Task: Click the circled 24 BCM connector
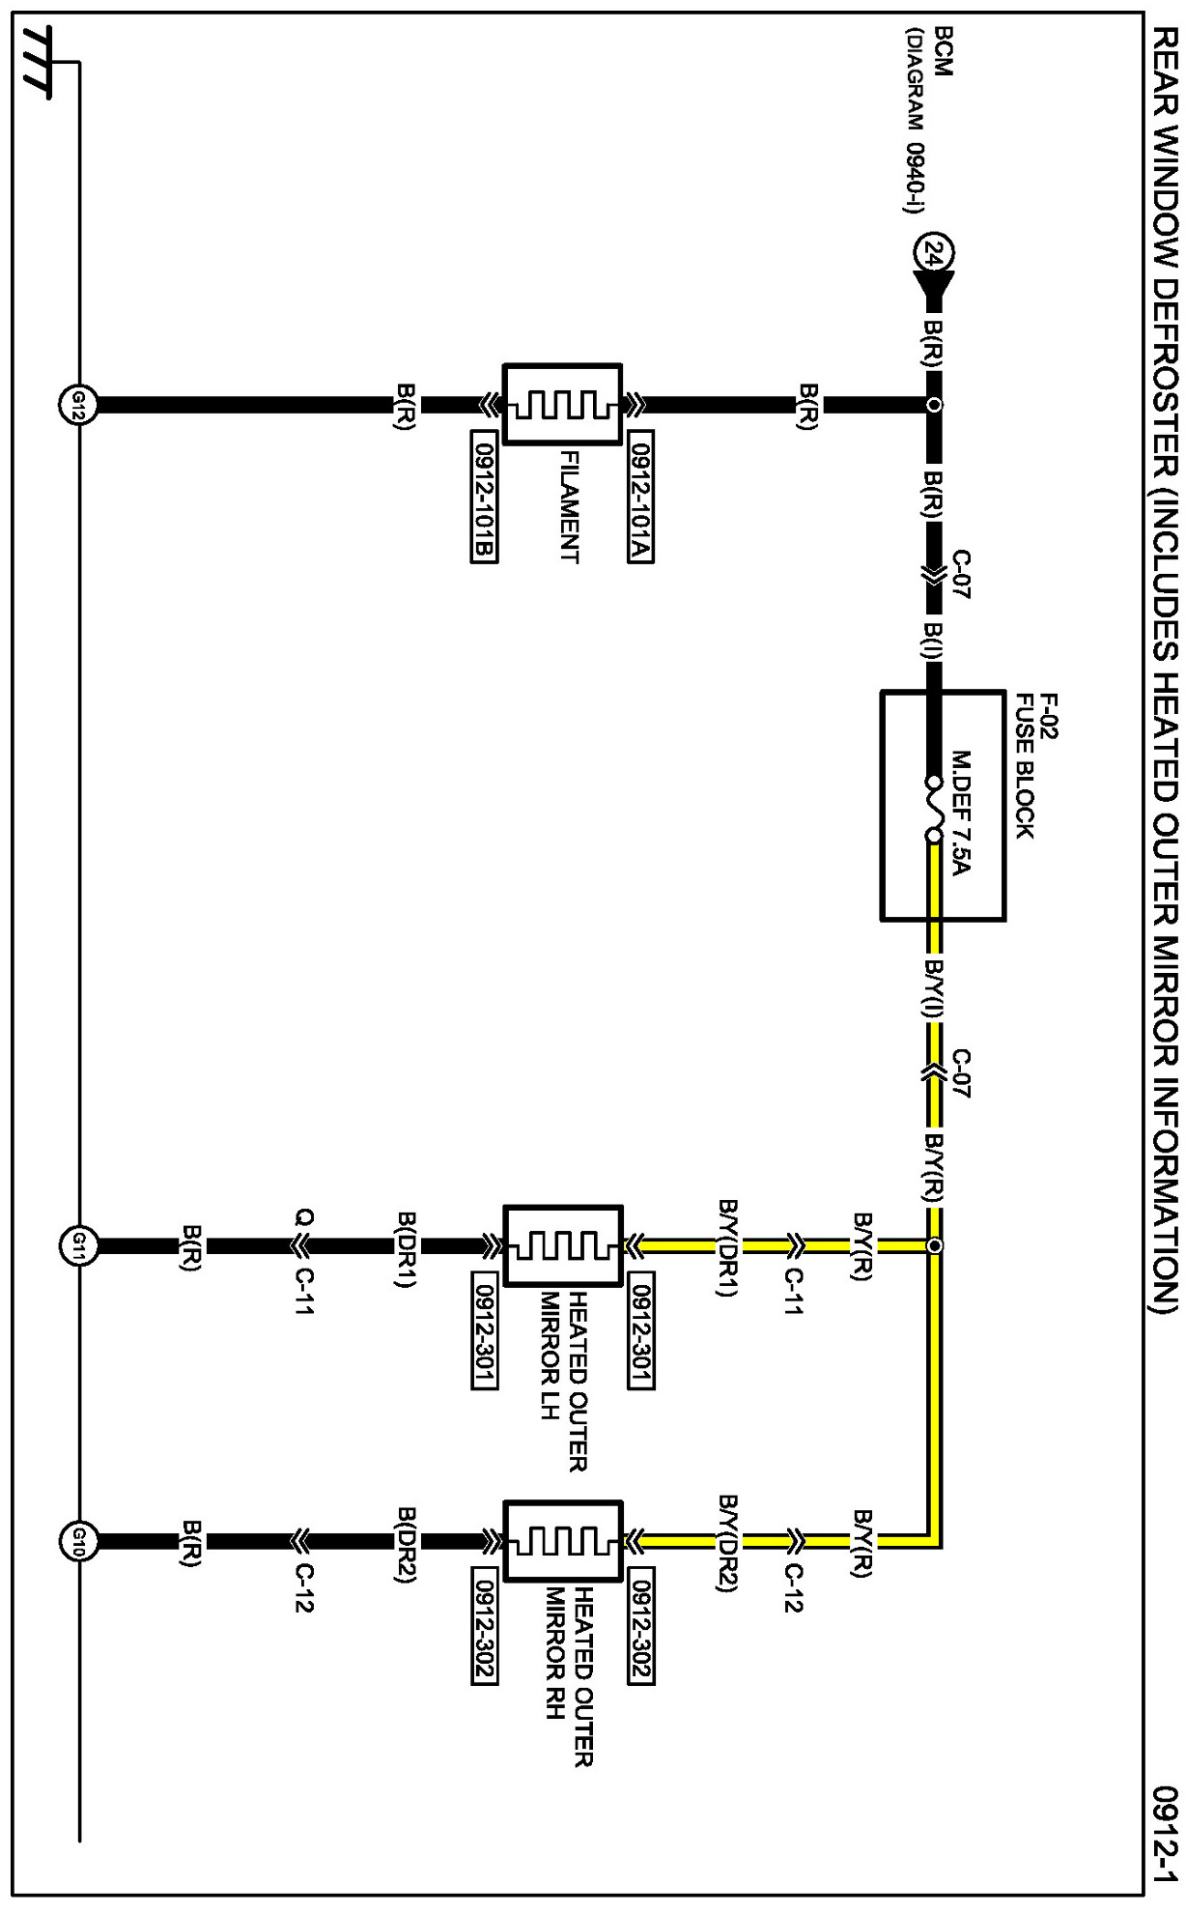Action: tap(932, 256)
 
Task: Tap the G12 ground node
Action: tap(77, 406)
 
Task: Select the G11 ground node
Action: tap(77, 1245)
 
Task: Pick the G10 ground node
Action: tap(77, 1562)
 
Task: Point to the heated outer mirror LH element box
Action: tap(562, 1245)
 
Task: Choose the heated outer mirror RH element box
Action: tap(562, 1562)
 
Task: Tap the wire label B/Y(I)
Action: tap(932, 989)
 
